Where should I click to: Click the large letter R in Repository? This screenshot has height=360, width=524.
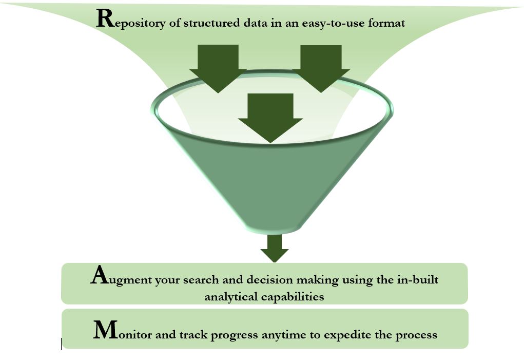tap(105, 18)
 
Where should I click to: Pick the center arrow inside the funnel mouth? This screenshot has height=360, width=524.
tap(270, 118)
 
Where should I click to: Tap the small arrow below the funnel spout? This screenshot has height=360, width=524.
tap(275, 249)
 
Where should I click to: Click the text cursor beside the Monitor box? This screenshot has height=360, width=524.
tap(62, 344)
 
